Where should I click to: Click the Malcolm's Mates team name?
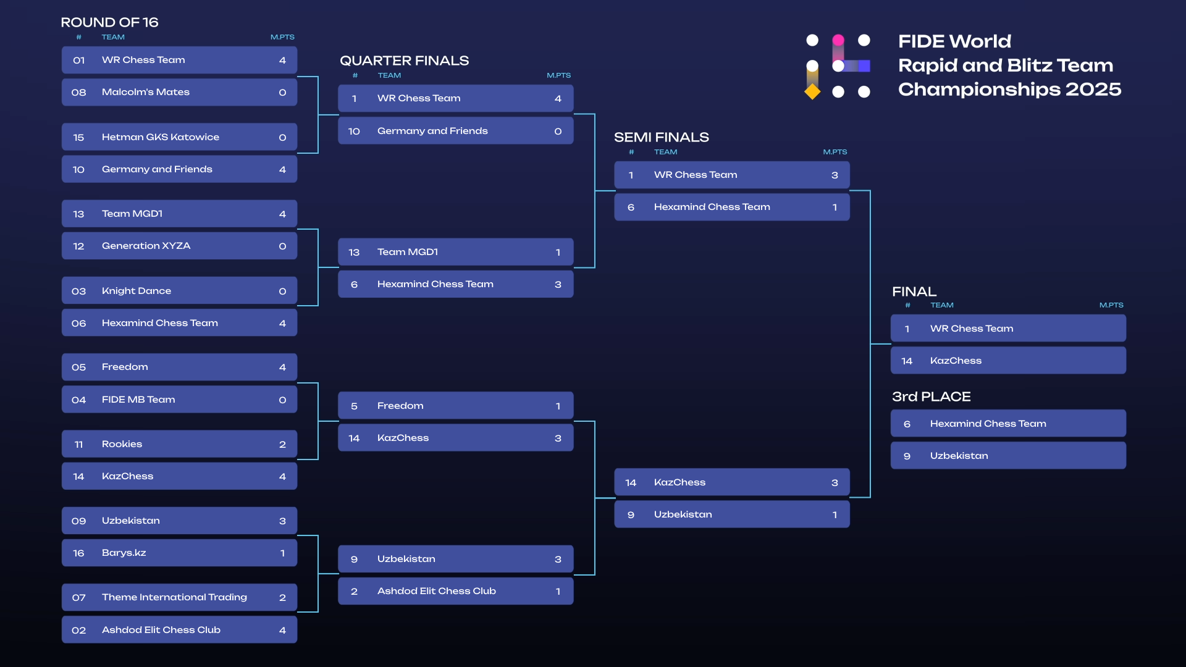coord(146,92)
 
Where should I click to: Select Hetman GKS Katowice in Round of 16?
coord(161,137)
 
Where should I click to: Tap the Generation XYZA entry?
coord(146,246)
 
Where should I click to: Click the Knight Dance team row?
coord(179,291)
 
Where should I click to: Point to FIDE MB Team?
coord(138,400)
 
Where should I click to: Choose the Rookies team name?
coord(122,444)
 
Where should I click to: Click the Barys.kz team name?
coord(124,553)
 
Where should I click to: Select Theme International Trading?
coord(174,597)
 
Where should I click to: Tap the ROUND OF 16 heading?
coord(109,22)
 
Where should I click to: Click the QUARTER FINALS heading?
coord(404,61)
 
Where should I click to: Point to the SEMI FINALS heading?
coord(661,137)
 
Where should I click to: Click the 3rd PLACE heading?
coord(931,396)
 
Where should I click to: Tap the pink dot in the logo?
coord(838,40)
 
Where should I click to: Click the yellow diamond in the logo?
coord(812,92)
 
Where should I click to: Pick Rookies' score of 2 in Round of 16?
coord(282,445)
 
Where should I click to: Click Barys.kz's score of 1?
coord(282,553)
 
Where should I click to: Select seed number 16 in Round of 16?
coord(78,553)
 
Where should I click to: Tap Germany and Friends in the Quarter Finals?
coord(432,131)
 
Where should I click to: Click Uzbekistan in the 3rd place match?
coord(959,456)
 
